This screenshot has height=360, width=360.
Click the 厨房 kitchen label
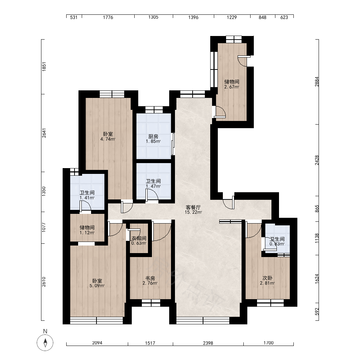pos(153,136)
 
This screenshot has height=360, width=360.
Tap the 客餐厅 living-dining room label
pos(193,207)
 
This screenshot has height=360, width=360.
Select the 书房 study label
pos(150,278)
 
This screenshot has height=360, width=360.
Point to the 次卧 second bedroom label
pos(267,278)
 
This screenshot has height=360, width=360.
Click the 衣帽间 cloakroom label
pos(139,238)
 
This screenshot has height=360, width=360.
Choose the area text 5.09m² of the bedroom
pos(97,286)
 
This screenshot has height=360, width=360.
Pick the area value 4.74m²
pos(108,139)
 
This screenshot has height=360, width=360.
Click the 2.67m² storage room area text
pos(231,87)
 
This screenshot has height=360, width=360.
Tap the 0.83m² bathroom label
pos(277,244)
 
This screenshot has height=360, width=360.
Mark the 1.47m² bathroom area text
pos(153,186)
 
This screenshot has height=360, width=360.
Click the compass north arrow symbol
pos(45,343)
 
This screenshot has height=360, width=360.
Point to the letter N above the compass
pos(45,331)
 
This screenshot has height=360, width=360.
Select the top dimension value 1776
pos(108,17)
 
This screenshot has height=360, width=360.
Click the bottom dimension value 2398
pos(208,343)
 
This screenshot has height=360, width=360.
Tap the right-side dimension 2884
pos(317,81)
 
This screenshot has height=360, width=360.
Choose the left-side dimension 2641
pos(44,133)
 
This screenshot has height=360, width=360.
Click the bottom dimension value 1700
pos(269,343)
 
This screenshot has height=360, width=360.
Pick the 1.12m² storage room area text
pos(87,233)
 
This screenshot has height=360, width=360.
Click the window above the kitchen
pos(154,110)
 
